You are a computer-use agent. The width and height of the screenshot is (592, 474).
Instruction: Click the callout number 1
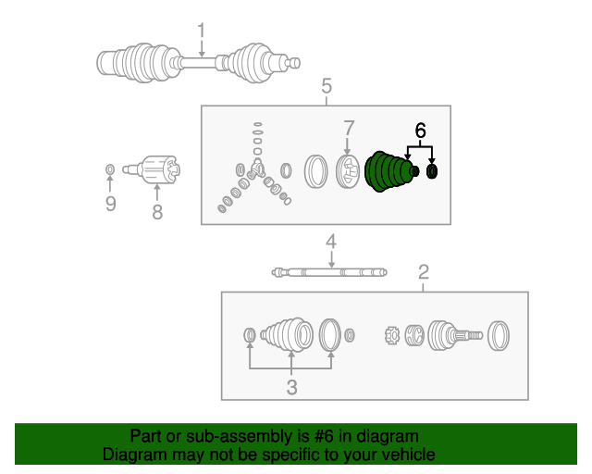click(x=202, y=30)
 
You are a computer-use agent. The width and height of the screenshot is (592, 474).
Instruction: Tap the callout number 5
click(x=327, y=86)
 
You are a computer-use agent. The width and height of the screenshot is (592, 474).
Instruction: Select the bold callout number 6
click(x=420, y=131)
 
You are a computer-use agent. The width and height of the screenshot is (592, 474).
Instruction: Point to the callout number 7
click(x=349, y=129)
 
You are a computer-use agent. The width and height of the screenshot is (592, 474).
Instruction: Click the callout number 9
click(x=110, y=204)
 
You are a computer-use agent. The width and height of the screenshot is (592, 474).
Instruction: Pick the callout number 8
click(x=157, y=212)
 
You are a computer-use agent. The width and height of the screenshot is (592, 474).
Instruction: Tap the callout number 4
click(x=331, y=242)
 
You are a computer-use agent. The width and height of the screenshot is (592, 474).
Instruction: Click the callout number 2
click(x=424, y=272)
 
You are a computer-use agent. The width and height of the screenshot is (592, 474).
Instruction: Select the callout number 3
click(x=291, y=388)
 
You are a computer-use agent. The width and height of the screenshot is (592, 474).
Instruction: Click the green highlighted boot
click(x=389, y=171)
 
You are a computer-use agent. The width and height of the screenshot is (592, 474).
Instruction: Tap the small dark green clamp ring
click(x=432, y=171)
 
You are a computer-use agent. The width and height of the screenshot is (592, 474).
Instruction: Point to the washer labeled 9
click(x=110, y=169)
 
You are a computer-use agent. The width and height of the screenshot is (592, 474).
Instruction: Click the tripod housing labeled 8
click(x=153, y=169)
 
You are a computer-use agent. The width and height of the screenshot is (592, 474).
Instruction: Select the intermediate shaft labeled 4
click(x=329, y=272)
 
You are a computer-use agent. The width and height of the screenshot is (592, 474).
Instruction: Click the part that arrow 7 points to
click(x=348, y=172)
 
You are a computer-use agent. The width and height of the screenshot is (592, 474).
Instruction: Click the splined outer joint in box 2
click(x=454, y=336)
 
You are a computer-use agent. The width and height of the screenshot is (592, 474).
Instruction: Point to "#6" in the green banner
click(x=324, y=436)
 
